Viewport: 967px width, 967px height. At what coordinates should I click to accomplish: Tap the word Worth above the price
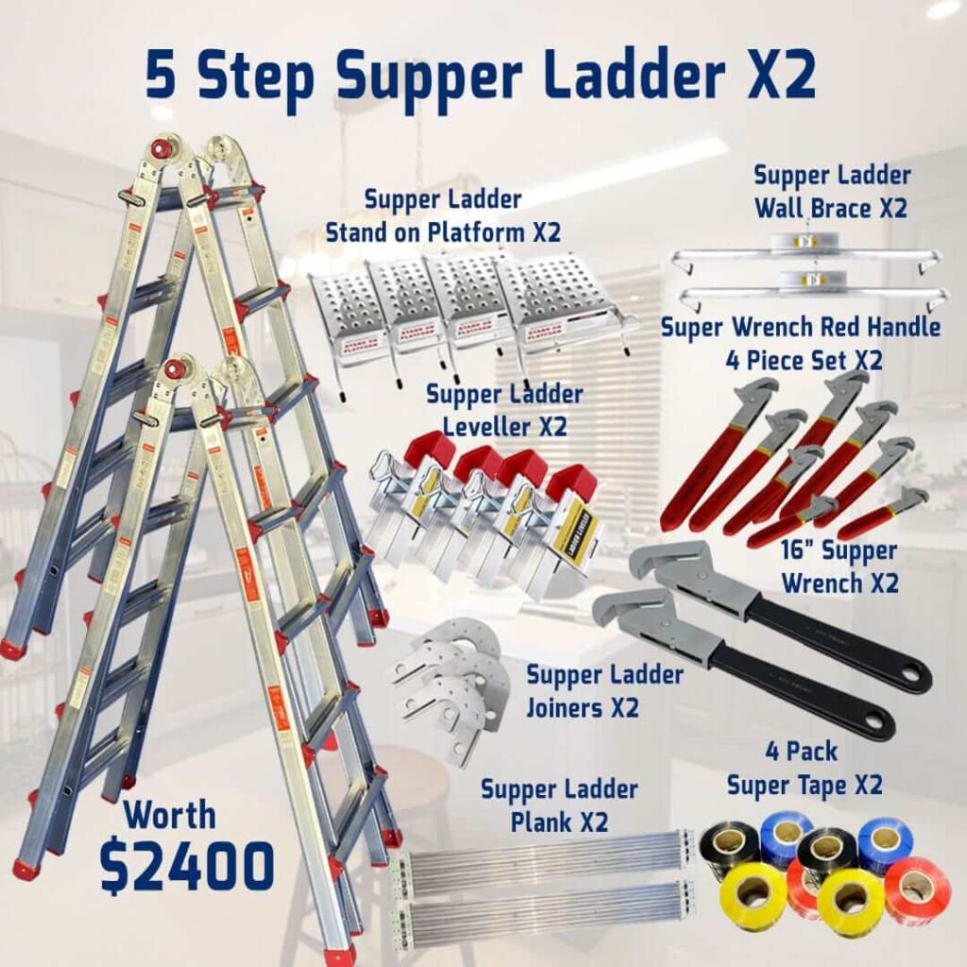pyautogui.click(x=170, y=814)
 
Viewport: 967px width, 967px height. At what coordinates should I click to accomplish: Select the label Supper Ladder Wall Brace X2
pyautogui.click(x=831, y=191)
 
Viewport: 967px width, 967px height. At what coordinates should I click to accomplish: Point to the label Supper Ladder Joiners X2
pyautogui.click(x=603, y=690)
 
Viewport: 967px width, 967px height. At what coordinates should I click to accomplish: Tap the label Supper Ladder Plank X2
pyautogui.click(x=559, y=804)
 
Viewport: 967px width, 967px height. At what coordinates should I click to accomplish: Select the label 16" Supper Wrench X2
pyautogui.click(x=839, y=566)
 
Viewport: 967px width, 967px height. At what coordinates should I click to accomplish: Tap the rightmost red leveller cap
pyautogui.click(x=575, y=483)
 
